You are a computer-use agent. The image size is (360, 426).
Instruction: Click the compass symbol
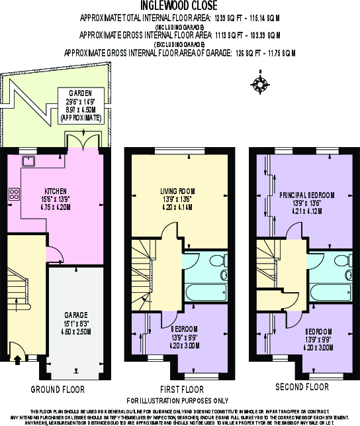click(x=259, y=84)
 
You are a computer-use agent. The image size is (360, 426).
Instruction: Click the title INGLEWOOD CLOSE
click(x=180, y=5)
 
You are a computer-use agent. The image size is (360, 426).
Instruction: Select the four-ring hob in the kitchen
click(x=14, y=193)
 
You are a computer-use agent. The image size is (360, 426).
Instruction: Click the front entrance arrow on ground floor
click(x=17, y=360)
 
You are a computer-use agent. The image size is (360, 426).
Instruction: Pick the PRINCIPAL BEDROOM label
click(x=306, y=195)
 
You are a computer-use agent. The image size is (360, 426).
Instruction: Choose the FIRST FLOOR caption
click(x=182, y=387)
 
